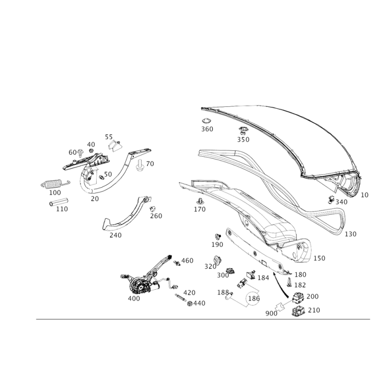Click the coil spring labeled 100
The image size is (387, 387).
(x=55, y=184)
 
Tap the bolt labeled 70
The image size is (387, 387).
(x=140, y=165)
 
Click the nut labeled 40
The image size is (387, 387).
(x=91, y=150)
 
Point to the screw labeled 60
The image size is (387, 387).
(x=80, y=153)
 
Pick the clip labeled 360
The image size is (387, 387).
(x=206, y=121)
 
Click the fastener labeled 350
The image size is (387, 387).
(x=243, y=130)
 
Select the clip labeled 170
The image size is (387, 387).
(x=200, y=201)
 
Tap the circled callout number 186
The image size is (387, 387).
(x=254, y=298)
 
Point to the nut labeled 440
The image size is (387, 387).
(x=190, y=303)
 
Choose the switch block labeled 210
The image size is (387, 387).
(x=299, y=311)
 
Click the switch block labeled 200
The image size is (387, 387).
(x=299, y=298)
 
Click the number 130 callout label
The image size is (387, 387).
(x=350, y=234)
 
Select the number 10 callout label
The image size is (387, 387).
(x=365, y=195)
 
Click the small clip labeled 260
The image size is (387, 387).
(x=152, y=209)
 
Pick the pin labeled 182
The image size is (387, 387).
(x=289, y=282)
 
